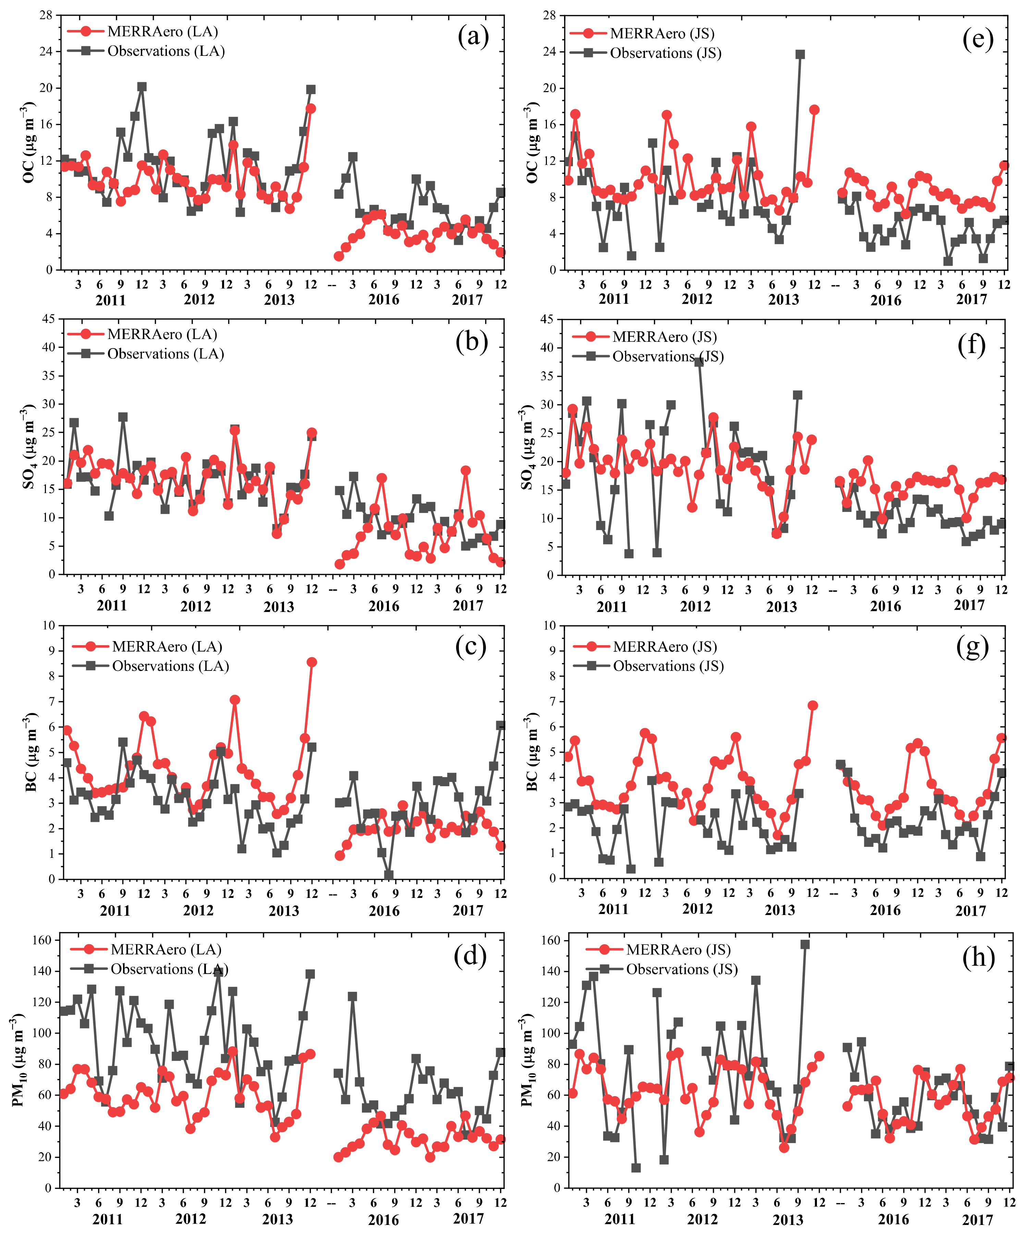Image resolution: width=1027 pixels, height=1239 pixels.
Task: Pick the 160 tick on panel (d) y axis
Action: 42,940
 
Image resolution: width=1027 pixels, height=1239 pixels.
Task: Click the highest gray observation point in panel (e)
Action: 800,54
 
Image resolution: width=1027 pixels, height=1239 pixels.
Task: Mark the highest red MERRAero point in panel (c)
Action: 311,662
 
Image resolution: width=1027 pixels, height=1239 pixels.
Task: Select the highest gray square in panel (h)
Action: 805,944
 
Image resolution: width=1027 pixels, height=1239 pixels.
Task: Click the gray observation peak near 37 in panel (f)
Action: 699,362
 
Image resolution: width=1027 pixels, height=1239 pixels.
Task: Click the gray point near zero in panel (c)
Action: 388,875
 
